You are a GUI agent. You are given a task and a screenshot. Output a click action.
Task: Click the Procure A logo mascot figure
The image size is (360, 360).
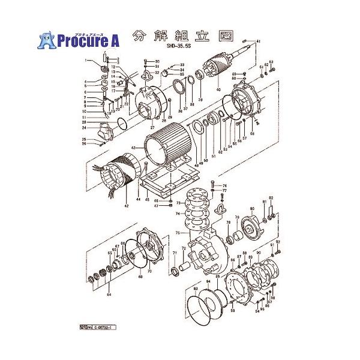(x=46, y=40)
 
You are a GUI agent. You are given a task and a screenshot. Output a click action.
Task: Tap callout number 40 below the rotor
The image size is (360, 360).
(x=218, y=90)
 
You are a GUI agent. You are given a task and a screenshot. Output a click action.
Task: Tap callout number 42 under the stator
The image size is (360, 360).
(x=126, y=206)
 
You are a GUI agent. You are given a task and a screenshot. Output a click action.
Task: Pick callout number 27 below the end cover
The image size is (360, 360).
(x=152, y=127)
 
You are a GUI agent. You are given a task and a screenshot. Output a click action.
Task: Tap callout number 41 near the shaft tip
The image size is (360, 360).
(x=259, y=41)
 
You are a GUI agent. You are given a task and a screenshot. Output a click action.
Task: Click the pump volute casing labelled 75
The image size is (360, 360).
(x=204, y=246)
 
